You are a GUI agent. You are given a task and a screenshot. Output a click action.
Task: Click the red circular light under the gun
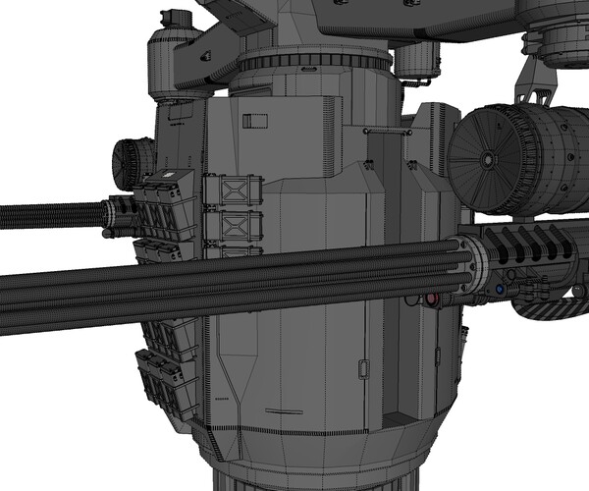(429, 298)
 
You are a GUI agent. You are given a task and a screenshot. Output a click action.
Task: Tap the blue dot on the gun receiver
(500, 291)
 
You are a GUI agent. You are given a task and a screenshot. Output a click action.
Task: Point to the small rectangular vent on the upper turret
(255, 121)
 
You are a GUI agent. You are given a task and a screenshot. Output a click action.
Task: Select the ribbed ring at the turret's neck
(314, 61)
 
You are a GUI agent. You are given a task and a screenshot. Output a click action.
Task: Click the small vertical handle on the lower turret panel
(362, 370)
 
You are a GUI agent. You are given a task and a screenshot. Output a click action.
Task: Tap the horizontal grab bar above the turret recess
(383, 130)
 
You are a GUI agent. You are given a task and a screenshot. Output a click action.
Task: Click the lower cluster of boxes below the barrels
(167, 378)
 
